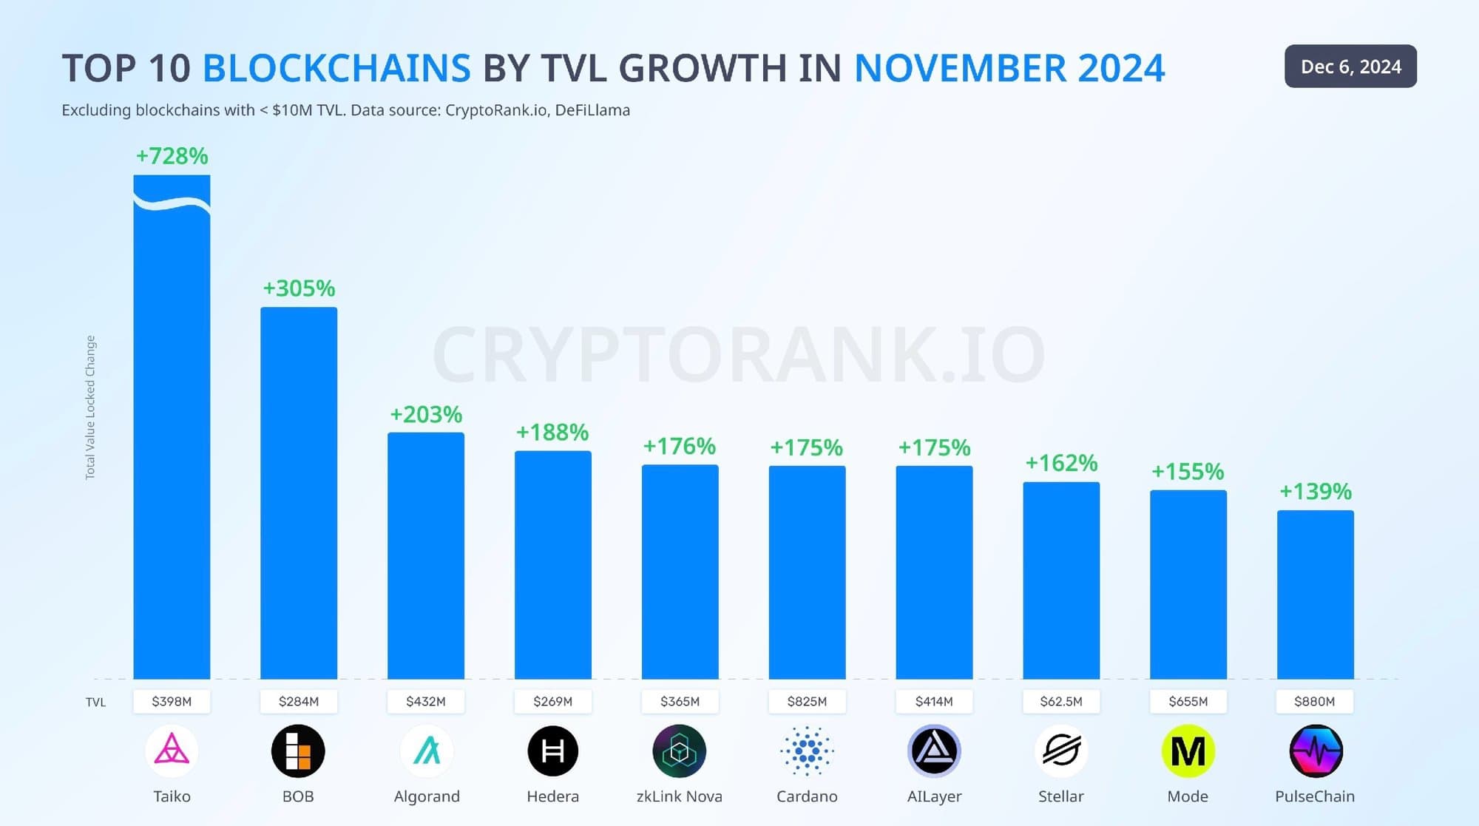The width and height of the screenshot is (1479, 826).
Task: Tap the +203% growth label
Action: click(426, 414)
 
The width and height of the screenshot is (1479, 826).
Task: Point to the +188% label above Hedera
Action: click(552, 432)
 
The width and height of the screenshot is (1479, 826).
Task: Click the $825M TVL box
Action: click(807, 701)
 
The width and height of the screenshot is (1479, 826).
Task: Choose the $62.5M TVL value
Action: click(1061, 701)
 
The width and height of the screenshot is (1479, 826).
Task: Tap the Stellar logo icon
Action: click(1061, 751)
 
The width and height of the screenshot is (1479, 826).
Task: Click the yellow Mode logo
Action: click(1188, 751)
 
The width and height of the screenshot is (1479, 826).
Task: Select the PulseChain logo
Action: click(1316, 751)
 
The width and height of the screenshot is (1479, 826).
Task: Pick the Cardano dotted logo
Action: click(807, 751)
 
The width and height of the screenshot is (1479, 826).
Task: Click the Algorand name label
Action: click(427, 796)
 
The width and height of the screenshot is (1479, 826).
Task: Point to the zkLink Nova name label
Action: click(680, 796)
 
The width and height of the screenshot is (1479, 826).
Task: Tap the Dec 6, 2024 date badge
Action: click(1350, 67)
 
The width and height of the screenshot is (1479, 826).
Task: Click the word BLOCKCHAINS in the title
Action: click(336, 68)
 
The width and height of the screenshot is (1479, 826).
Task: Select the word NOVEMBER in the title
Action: click(960, 68)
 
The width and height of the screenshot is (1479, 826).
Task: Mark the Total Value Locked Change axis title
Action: click(90, 407)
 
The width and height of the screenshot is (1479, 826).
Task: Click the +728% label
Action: click(172, 156)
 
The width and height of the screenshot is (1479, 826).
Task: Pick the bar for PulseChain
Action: click(1316, 595)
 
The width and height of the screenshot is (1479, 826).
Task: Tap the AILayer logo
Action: click(934, 751)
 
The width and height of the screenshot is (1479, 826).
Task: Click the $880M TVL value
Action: click(1315, 701)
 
